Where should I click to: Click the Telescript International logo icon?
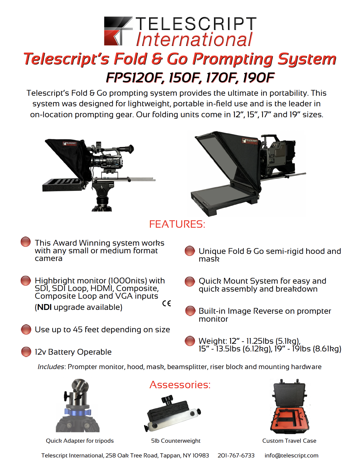point(118,31)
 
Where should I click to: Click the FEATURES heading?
point(177,224)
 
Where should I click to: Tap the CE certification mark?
point(166,303)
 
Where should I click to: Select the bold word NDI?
point(44,307)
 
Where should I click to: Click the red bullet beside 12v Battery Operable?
point(26,352)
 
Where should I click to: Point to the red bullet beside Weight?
point(190,341)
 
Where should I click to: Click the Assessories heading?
point(180,385)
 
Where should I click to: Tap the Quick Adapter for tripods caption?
point(80,441)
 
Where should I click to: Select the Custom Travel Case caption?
point(289,441)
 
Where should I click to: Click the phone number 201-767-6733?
point(236,455)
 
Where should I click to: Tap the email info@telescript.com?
point(291,455)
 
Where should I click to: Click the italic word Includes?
point(51,367)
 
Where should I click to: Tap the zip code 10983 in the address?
point(201,455)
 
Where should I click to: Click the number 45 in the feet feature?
point(77,330)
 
